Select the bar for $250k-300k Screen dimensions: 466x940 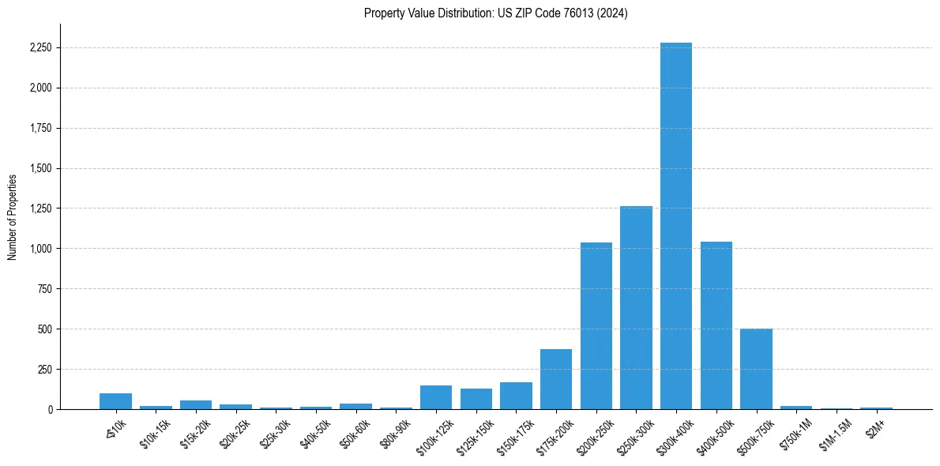pos(636,308)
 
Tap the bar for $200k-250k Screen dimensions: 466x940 pos(596,325)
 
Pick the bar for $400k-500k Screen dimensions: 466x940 pos(716,325)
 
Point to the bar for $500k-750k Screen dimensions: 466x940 pos(756,369)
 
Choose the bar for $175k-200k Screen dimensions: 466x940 pos(556,379)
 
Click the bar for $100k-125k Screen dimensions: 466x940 pos(436,397)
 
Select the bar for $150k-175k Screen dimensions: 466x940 pos(516,396)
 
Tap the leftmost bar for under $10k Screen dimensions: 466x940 pos(115,401)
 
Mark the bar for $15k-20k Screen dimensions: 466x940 pos(196,404)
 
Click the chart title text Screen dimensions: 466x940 pos(496,13)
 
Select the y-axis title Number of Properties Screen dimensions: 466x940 pos(13,216)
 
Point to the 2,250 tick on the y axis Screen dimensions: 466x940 pos(40,48)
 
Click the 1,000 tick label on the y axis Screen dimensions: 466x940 pos(40,249)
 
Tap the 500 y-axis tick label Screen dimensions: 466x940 pos(44,329)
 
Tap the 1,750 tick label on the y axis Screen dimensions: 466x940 pos(40,129)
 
